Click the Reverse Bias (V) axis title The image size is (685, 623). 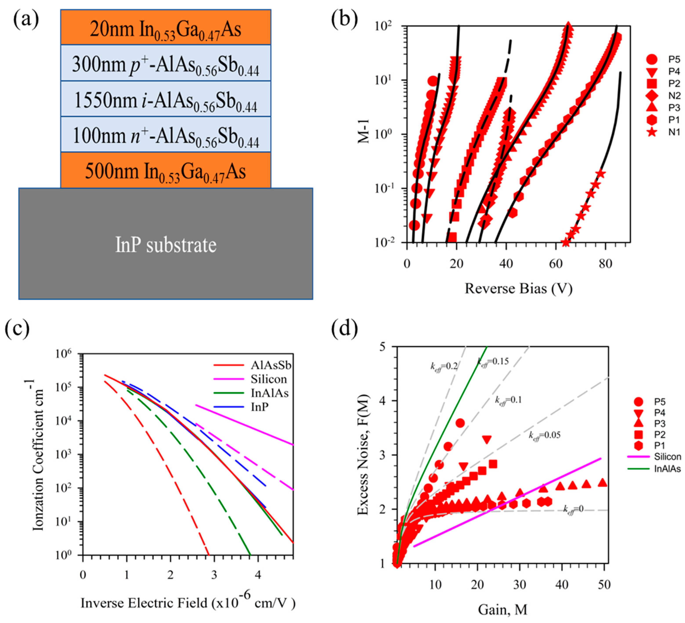519,288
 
